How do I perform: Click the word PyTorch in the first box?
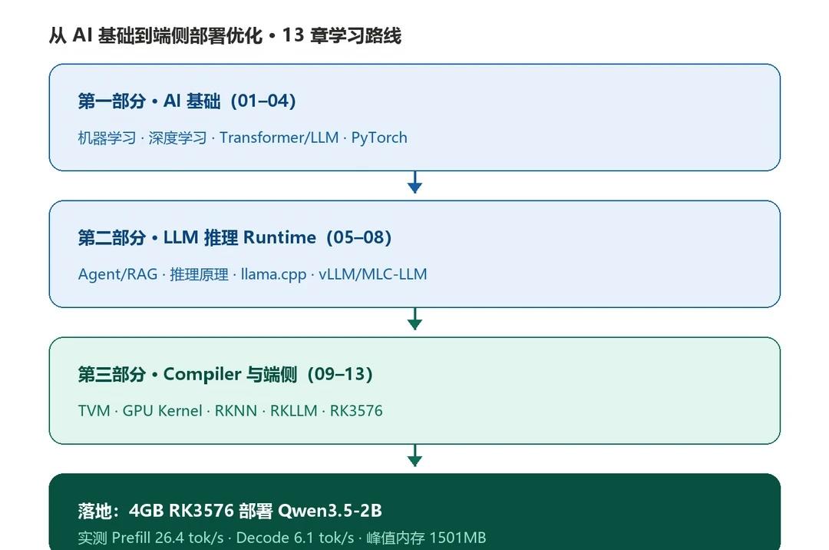379,138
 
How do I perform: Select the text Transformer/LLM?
279,137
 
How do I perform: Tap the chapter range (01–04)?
263,101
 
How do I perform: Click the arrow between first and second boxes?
415,182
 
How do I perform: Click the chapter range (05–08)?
359,237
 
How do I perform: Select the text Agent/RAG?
118,274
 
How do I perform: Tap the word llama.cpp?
273,274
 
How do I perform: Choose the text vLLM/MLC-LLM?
373,274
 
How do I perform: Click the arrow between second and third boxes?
415,319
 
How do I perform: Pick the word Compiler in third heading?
203,374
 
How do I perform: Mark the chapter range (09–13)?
341,374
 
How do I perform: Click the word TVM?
94,411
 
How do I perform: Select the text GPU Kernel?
162,411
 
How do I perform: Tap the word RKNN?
236,411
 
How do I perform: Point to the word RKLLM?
293,411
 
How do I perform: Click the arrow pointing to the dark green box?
415,456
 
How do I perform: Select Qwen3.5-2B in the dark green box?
330,511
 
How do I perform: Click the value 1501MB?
457,538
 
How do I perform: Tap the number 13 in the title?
293,35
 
